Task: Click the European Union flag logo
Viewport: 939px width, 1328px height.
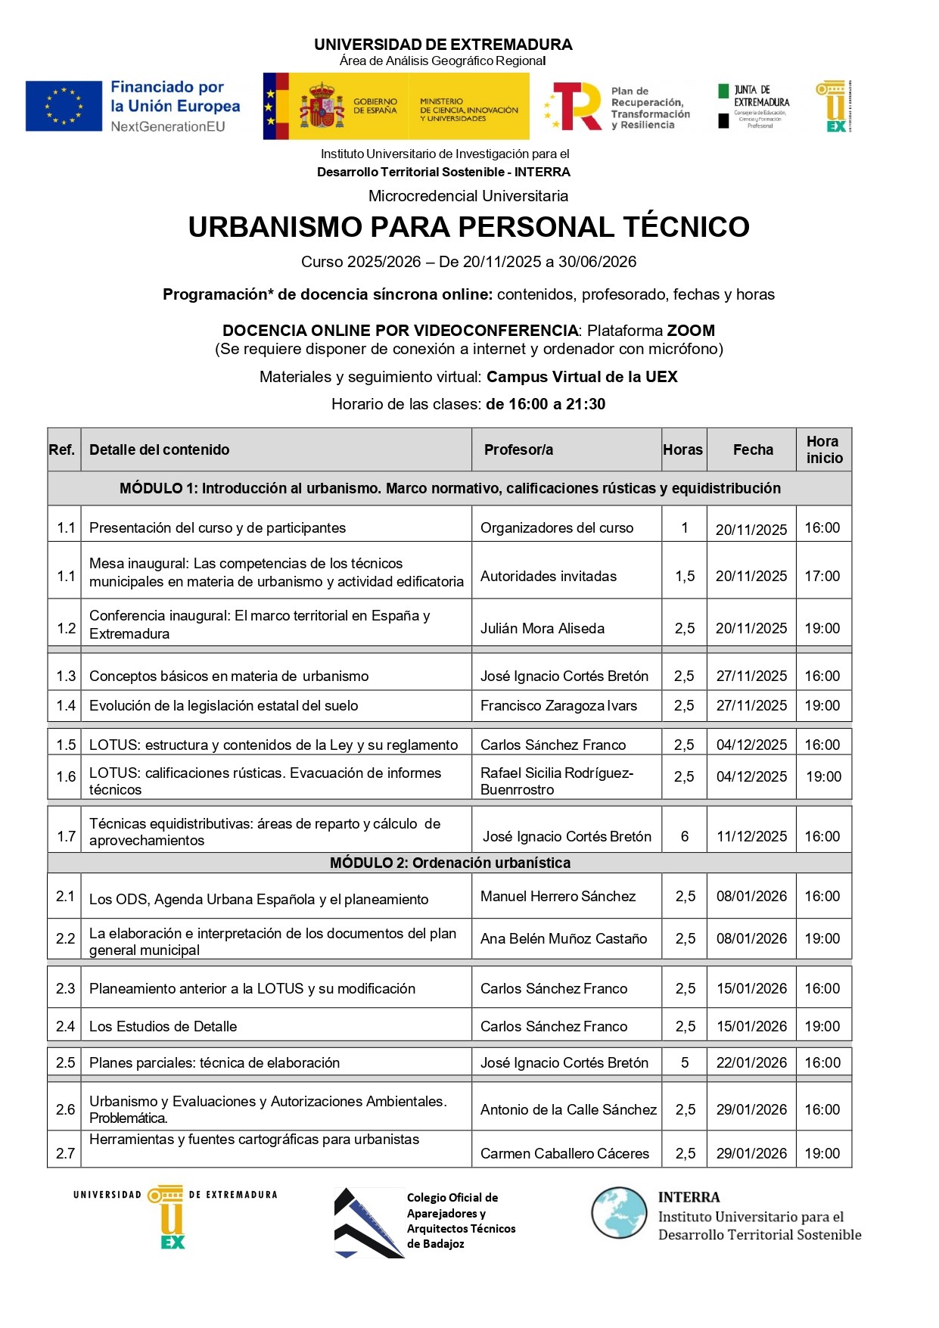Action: click(64, 106)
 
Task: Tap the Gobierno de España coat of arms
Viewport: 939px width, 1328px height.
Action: click(322, 107)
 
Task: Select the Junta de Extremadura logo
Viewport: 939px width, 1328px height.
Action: click(753, 107)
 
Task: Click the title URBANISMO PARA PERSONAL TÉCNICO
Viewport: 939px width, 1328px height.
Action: click(468, 227)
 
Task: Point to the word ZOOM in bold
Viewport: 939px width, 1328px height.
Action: click(690, 330)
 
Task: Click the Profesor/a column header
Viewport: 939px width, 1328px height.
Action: click(518, 449)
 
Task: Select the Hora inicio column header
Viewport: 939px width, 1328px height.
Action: click(824, 449)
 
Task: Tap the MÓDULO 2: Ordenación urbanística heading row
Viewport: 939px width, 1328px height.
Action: click(449, 863)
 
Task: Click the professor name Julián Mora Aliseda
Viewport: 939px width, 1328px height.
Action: click(542, 628)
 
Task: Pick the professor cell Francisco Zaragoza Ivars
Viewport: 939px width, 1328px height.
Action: click(558, 705)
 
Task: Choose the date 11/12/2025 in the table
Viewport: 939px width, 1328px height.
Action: click(751, 836)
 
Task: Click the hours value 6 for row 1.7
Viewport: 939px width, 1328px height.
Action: click(685, 836)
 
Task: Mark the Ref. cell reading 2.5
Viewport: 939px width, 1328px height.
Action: click(65, 1062)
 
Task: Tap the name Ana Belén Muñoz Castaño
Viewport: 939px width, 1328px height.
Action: click(564, 938)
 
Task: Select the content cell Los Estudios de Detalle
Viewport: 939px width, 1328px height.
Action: click(163, 1026)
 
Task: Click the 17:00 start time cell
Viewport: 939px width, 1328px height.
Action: click(822, 576)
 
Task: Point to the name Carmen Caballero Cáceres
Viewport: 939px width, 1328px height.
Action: click(564, 1153)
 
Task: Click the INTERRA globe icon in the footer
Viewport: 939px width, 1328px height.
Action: click(620, 1212)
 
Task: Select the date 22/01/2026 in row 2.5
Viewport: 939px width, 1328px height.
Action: click(751, 1062)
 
